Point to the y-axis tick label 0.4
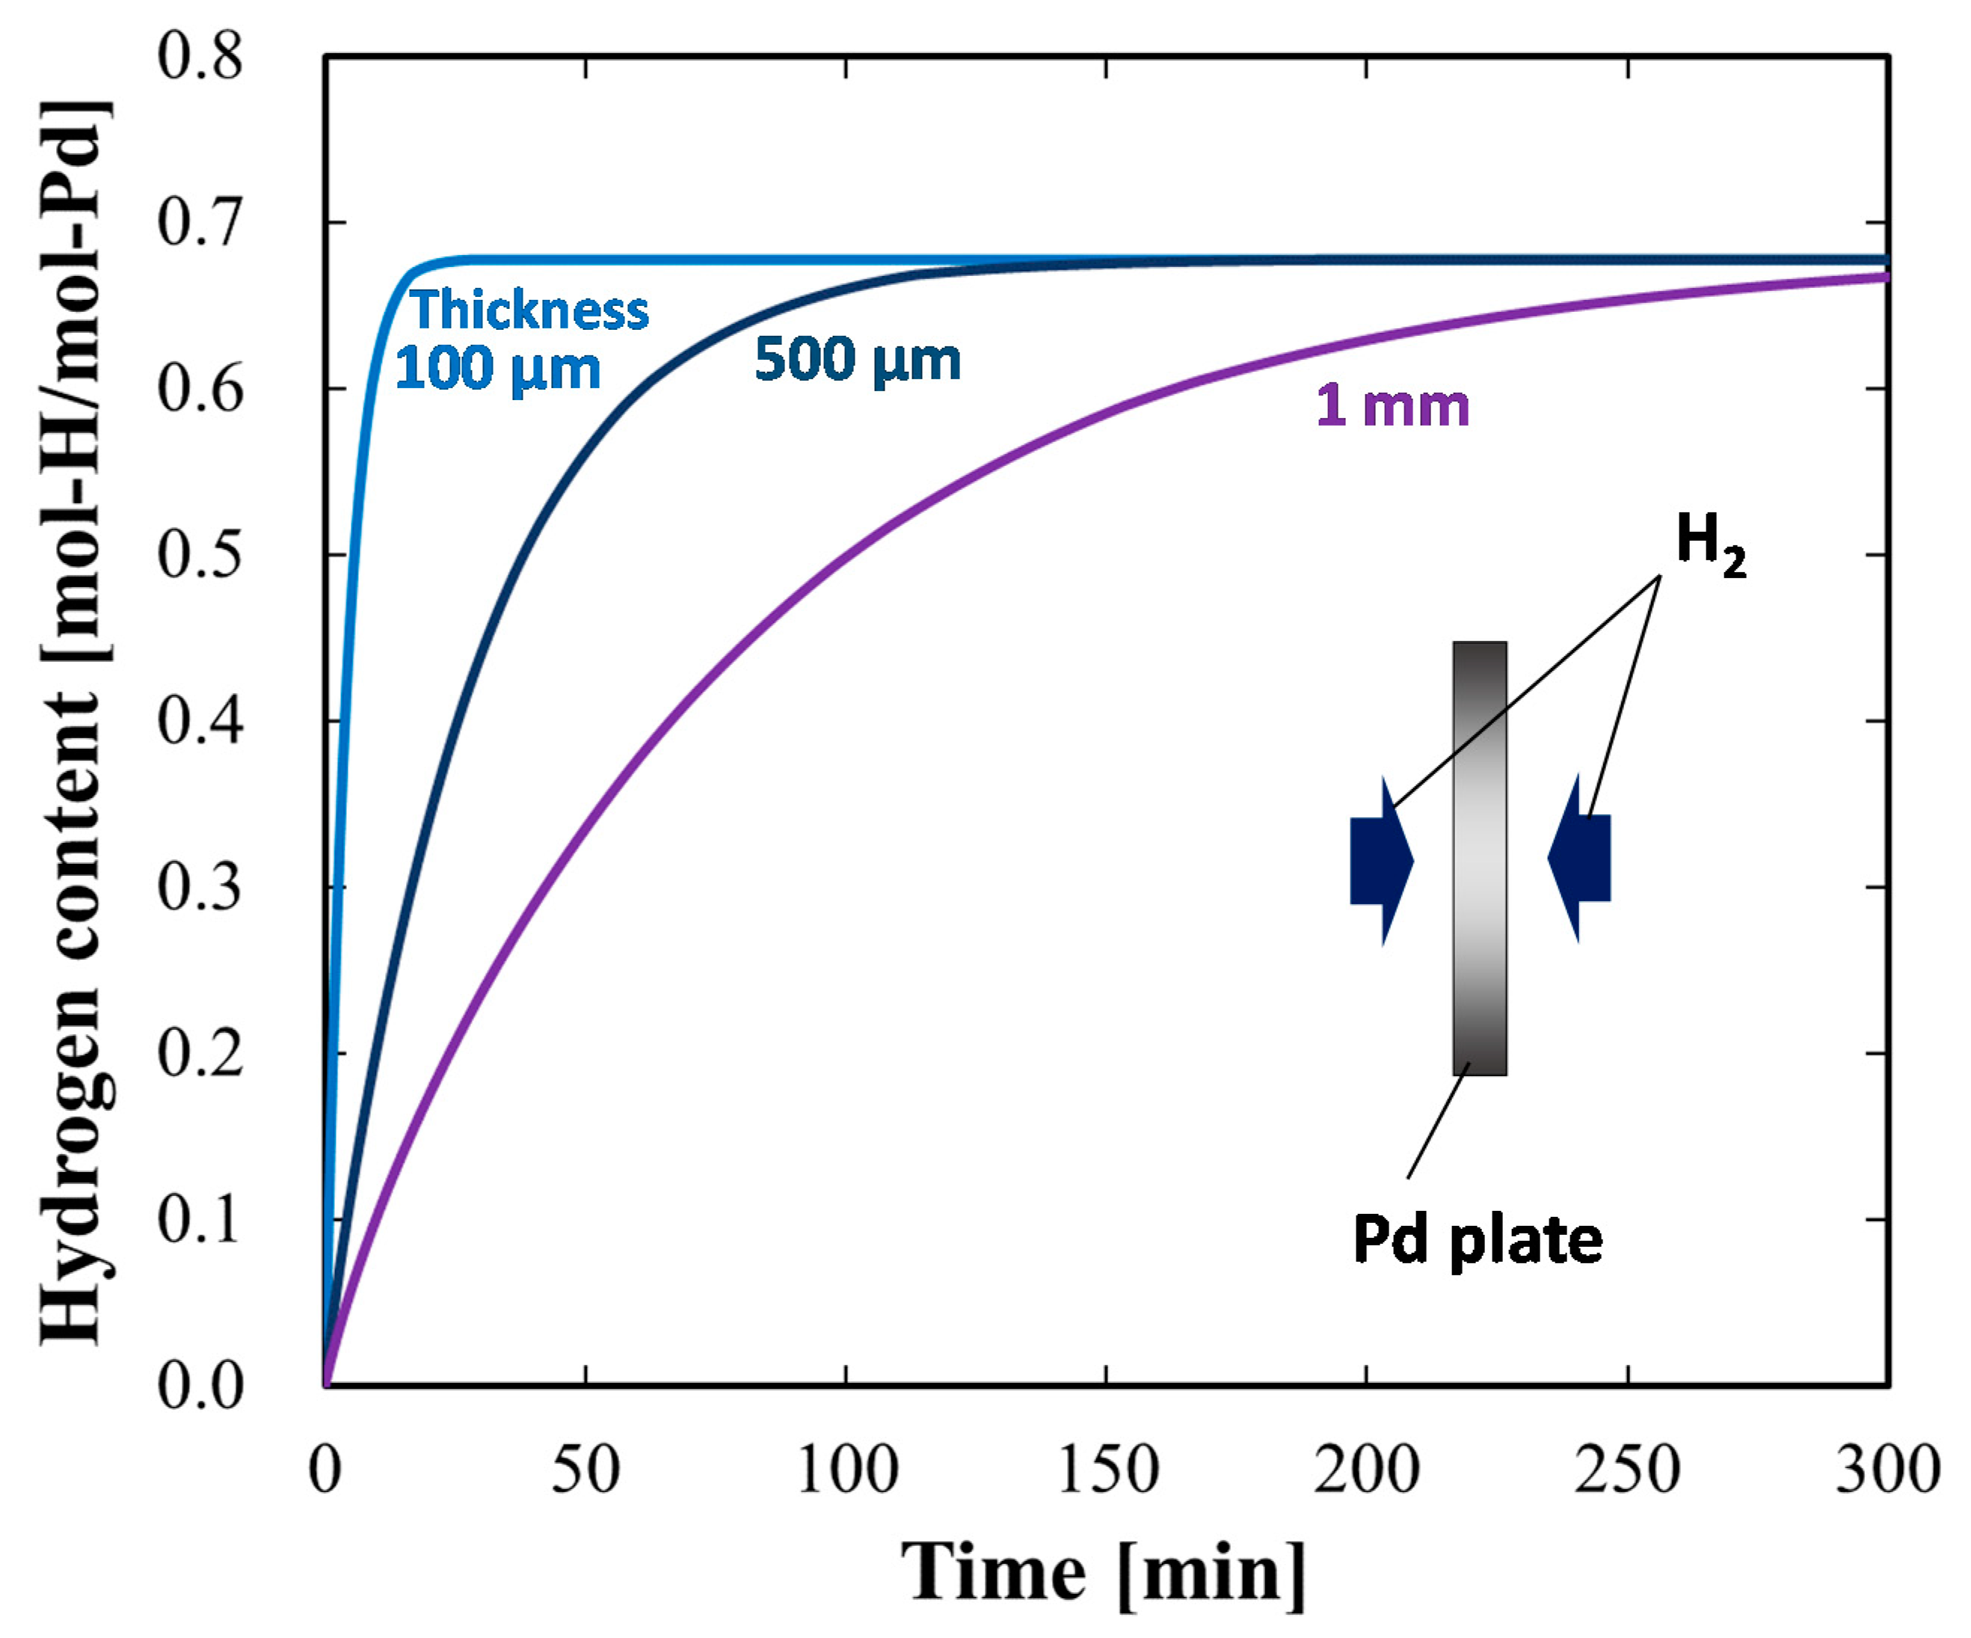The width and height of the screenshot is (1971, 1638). (x=199, y=722)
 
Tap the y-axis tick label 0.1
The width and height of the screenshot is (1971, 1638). (x=199, y=1221)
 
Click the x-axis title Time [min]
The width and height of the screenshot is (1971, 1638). (x=1103, y=1572)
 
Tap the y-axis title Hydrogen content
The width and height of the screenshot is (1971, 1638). (x=75, y=723)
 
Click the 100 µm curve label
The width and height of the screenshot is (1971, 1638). (x=497, y=368)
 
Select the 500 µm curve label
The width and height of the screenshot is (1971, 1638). (x=858, y=360)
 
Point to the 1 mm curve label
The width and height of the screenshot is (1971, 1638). (x=1392, y=406)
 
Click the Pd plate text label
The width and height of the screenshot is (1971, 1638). (x=1478, y=1239)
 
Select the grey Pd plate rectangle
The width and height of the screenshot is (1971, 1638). (x=1479, y=858)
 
